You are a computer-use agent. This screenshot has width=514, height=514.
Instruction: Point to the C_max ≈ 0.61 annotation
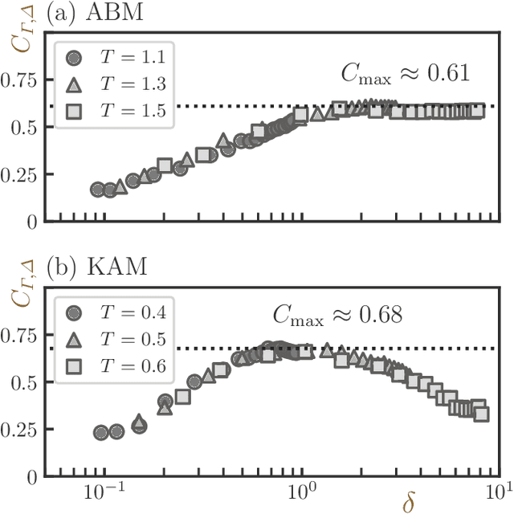(401, 76)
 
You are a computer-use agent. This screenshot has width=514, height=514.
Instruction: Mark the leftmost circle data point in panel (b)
(100, 432)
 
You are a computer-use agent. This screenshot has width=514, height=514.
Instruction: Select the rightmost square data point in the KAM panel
(481, 414)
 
